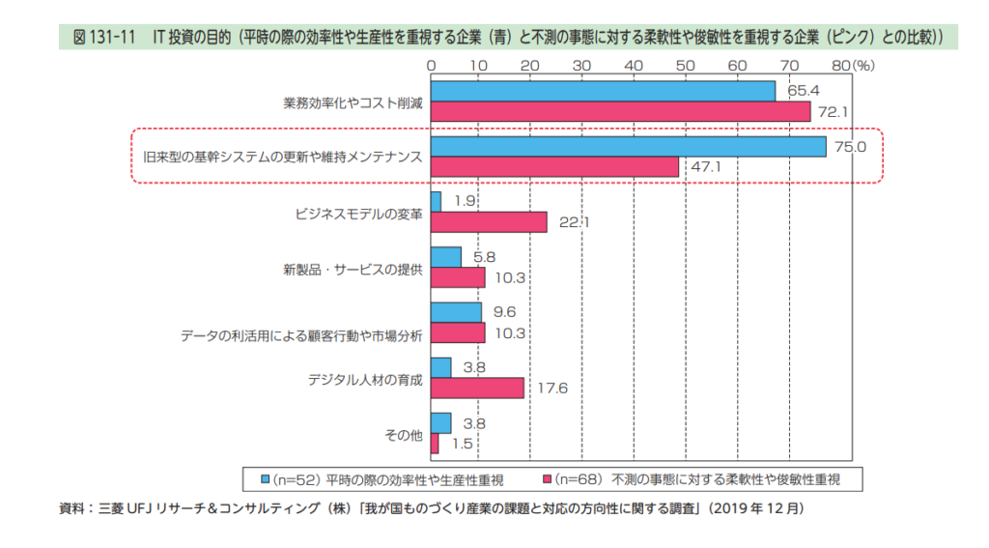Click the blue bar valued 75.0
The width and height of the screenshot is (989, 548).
point(628,146)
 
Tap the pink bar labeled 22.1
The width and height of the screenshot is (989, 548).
point(489,222)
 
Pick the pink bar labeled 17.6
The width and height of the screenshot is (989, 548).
point(477,388)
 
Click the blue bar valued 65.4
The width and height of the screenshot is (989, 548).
point(603,91)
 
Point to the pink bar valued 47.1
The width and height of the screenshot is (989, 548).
point(554,167)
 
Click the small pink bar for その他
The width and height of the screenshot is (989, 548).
point(435,443)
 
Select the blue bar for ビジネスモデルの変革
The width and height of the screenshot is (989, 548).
point(436,201)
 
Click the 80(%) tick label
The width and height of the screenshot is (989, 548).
point(852,65)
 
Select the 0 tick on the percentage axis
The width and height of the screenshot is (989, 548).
point(431,65)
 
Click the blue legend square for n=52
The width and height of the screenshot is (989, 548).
point(264,478)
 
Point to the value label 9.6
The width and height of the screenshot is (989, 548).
point(505,312)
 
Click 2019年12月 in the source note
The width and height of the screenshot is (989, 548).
point(755,506)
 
